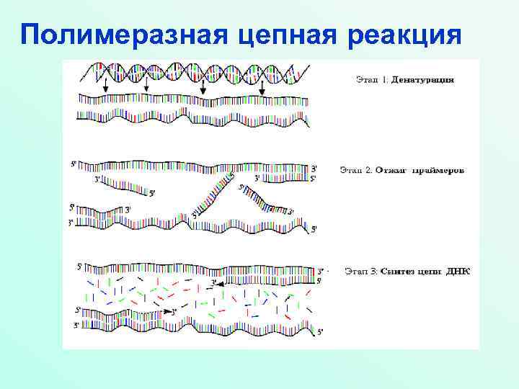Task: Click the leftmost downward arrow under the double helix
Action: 106,84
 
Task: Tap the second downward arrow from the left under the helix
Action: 147,84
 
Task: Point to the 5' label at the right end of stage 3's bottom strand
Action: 321,331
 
